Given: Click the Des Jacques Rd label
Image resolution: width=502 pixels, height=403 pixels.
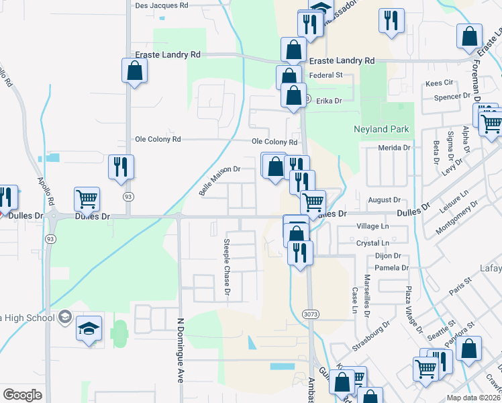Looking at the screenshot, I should [162, 5].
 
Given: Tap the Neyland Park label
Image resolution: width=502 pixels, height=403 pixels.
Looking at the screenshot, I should [381, 128].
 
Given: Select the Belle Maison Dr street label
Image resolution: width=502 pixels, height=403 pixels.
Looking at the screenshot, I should [219, 181].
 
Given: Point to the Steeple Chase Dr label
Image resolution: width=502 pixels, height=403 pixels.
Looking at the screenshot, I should [227, 267].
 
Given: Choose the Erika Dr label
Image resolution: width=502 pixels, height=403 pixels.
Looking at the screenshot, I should [329, 101].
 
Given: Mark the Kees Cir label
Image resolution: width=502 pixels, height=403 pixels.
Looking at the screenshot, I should [440, 83].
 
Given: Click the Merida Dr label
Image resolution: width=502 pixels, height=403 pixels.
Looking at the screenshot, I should [394, 148].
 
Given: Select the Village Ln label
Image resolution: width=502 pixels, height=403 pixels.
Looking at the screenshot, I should [373, 227].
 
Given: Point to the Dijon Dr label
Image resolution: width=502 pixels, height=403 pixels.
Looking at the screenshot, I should [387, 256].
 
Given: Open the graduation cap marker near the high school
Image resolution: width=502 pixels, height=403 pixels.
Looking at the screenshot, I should [89, 329].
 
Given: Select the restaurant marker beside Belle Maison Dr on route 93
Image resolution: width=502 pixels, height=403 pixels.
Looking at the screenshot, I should [121, 168].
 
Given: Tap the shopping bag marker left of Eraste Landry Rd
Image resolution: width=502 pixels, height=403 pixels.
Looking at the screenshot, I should [134, 71].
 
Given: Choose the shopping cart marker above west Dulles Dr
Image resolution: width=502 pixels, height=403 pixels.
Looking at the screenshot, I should [87, 199].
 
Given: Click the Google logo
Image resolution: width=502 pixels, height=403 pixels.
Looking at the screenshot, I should [23, 394].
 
